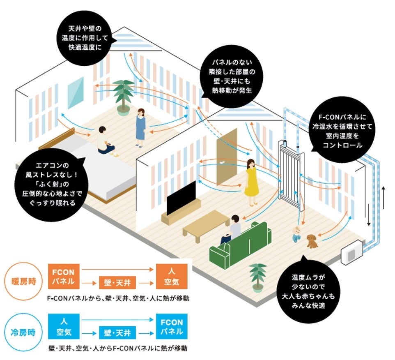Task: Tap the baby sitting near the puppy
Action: pos(297,235)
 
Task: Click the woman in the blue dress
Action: pos(140,127)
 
